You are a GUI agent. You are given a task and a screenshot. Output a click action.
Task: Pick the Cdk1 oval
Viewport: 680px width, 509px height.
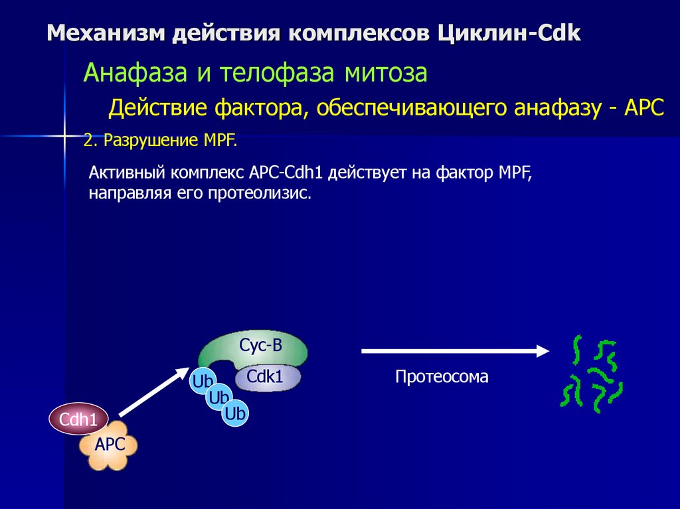coord(267,378)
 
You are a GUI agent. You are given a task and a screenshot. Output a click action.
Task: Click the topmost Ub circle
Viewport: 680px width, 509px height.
coord(202,381)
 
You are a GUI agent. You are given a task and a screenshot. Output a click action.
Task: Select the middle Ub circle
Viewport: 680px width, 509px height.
coord(218,398)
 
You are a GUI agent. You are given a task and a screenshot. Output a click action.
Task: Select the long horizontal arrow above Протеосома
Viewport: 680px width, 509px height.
coord(456,350)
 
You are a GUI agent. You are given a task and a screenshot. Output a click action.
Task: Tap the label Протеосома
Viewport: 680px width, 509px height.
coord(442,377)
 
